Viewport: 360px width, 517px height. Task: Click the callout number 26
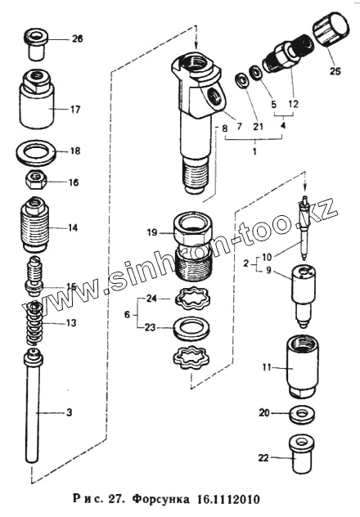78,39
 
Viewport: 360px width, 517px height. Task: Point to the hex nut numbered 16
36,180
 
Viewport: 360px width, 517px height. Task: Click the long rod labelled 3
33,407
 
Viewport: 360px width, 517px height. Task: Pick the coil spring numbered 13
34,322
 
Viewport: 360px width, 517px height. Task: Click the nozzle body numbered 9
302,296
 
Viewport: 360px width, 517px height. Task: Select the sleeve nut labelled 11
301,366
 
